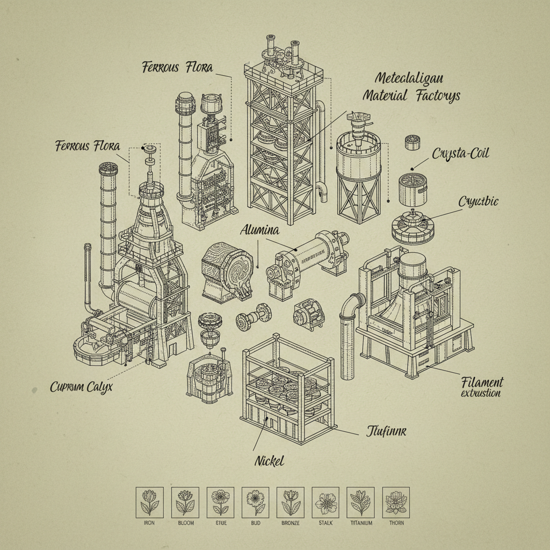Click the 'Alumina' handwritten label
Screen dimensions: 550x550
point(259,230)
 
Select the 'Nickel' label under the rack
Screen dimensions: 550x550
point(270,461)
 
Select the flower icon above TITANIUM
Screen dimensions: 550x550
point(360,501)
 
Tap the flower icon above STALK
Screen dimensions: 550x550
point(325,501)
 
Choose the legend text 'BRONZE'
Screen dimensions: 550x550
point(290,523)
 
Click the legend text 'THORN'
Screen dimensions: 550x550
point(396,523)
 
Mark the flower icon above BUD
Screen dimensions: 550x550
point(255,501)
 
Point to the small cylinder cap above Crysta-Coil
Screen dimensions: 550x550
point(412,142)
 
